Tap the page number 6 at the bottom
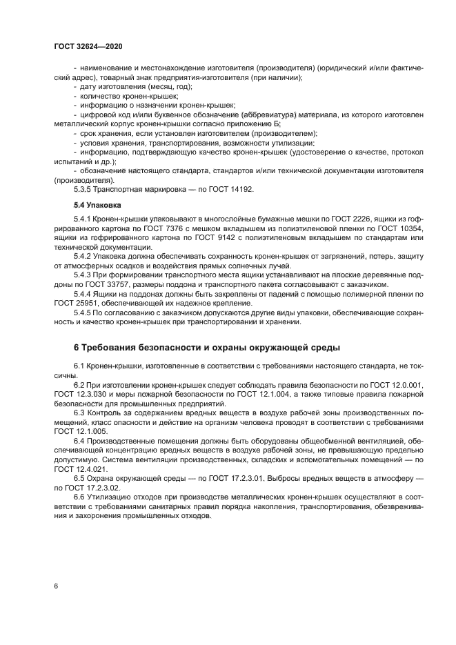[55, 586]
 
